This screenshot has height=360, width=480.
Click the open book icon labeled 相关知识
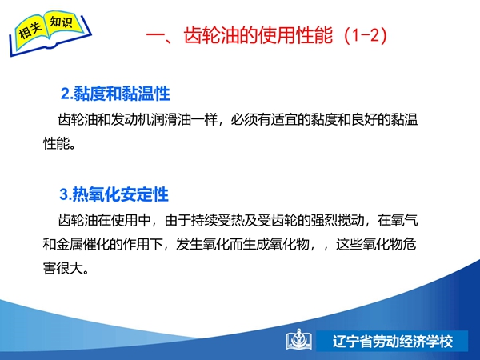[x=50, y=33]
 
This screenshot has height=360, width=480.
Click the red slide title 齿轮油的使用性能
[x=258, y=35]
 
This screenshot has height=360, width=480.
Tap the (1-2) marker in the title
[x=366, y=35]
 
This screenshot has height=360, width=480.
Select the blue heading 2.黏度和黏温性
[x=115, y=94]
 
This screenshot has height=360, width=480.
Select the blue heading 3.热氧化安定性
[x=114, y=194]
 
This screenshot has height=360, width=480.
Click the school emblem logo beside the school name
[x=299, y=340]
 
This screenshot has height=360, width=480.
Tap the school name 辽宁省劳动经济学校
[x=393, y=342]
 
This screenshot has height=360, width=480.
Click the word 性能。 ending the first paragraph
[x=59, y=143]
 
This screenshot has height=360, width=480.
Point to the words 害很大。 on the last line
[x=66, y=269]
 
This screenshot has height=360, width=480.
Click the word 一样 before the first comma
[x=204, y=119]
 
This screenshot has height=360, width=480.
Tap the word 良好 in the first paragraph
[x=364, y=119]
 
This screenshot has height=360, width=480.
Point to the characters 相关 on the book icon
[x=30, y=30]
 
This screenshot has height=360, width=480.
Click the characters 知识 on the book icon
[x=62, y=22]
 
